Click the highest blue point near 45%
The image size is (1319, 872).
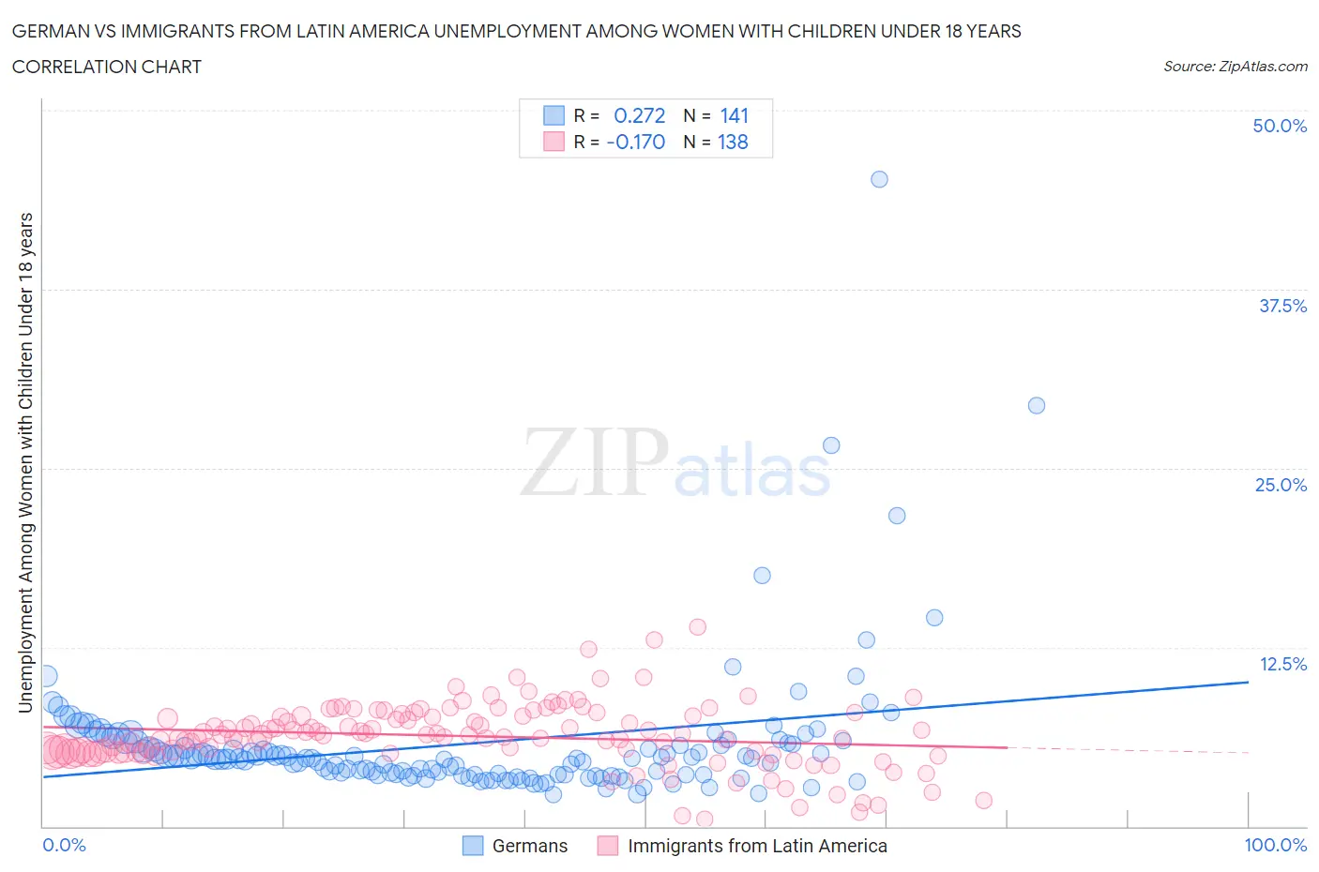(879, 179)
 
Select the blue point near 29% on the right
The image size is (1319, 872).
(1036, 405)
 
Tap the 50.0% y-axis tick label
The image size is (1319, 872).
(1280, 126)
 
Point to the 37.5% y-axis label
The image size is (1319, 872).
(1282, 306)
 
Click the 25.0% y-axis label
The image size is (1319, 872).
(1281, 485)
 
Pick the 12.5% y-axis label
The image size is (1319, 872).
(1282, 664)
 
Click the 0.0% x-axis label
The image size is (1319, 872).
(65, 845)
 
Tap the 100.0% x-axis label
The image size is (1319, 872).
(1275, 845)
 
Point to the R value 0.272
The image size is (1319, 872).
(639, 115)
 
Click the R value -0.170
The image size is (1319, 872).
(635, 142)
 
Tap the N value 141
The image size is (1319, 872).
(734, 115)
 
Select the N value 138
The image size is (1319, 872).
(733, 142)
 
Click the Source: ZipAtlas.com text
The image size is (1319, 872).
(1235, 66)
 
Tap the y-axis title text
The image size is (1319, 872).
(25, 462)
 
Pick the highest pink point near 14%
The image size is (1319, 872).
(697, 626)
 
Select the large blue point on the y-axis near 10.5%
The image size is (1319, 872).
(45, 676)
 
